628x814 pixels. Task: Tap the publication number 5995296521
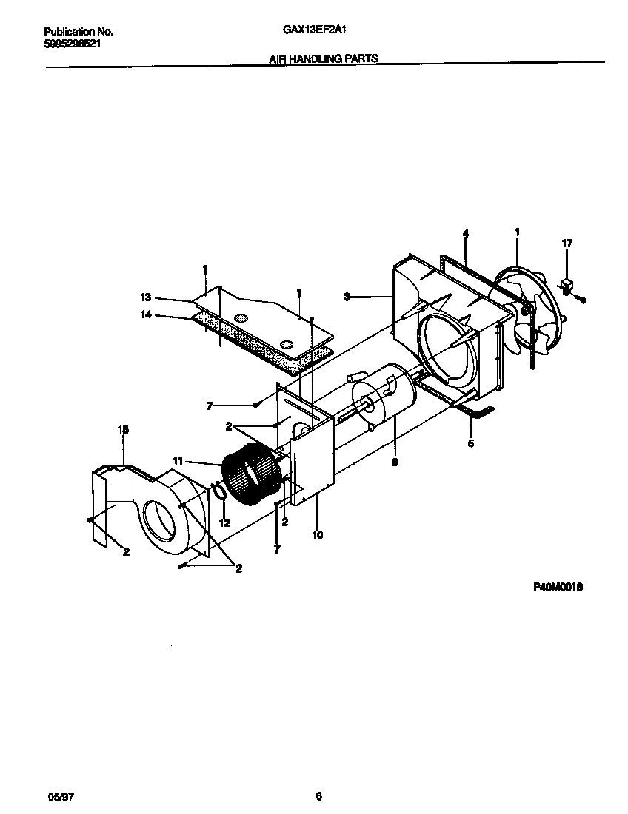[x=73, y=44]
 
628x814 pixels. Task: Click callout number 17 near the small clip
[x=567, y=243]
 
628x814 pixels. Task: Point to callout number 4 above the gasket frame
[x=465, y=234]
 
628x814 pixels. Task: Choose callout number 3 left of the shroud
[x=346, y=297]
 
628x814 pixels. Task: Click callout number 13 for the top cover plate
[x=145, y=297]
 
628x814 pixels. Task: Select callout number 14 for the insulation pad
[x=145, y=314]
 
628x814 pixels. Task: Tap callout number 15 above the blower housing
[x=124, y=429]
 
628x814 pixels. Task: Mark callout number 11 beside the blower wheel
[x=178, y=462]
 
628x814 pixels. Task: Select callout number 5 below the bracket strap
[x=471, y=444]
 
